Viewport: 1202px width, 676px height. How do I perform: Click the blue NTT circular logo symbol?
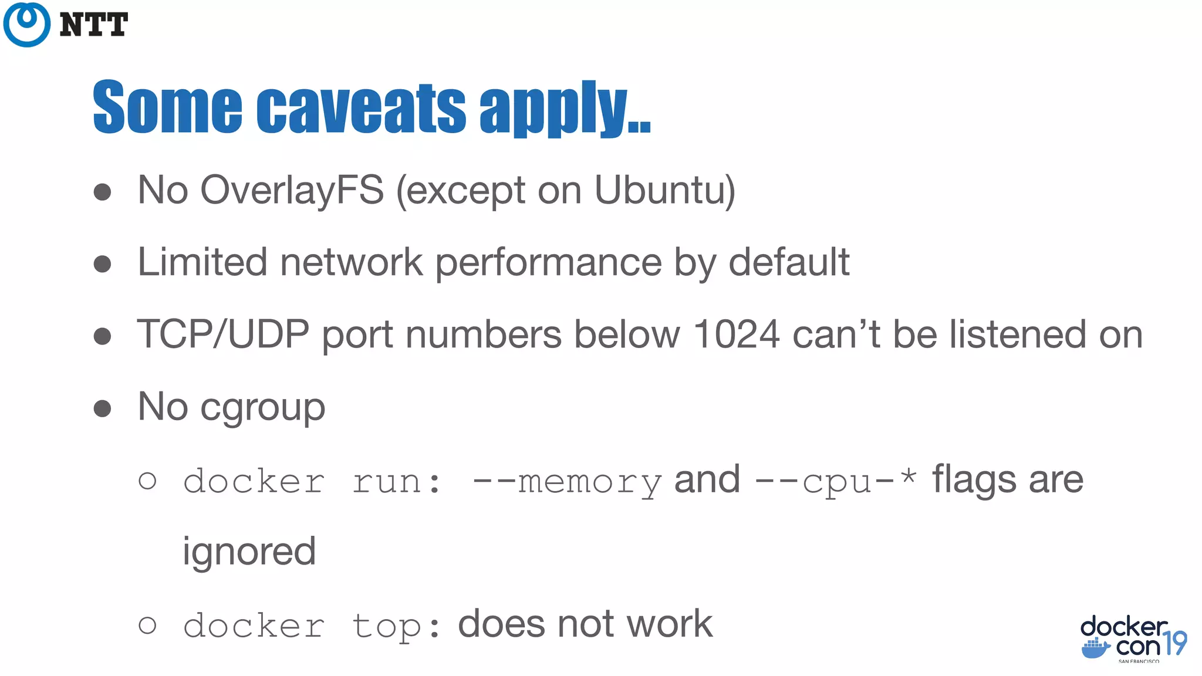pyautogui.click(x=26, y=24)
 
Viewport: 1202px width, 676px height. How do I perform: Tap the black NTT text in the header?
pyautogui.click(x=94, y=25)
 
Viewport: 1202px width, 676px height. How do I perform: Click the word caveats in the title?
pyautogui.click(x=361, y=107)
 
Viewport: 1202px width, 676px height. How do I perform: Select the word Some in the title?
pyautogui.click(x=167, y=107)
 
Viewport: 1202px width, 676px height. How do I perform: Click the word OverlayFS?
pyautogui.click(x=292, y=190)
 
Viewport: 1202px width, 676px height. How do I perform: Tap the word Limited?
pyautogui.click(x=202, y=262)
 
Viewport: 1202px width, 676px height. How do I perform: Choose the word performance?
pyautogui.click(x=548, y=263)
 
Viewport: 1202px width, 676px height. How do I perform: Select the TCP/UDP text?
pyautogui.click(x=223, y=334)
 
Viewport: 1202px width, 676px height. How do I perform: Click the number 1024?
pyautogui.click(x=736, y=334)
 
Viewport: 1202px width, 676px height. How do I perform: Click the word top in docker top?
pyautogui.click(x=387, y=626)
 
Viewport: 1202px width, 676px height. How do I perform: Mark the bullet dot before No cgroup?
pyautogui.click(x=103, y=408)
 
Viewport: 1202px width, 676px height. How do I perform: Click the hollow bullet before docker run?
pyautogui.click(x=147, y=481)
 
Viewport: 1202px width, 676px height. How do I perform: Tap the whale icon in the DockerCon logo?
pyautogui.click(x=1095, y=648)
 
